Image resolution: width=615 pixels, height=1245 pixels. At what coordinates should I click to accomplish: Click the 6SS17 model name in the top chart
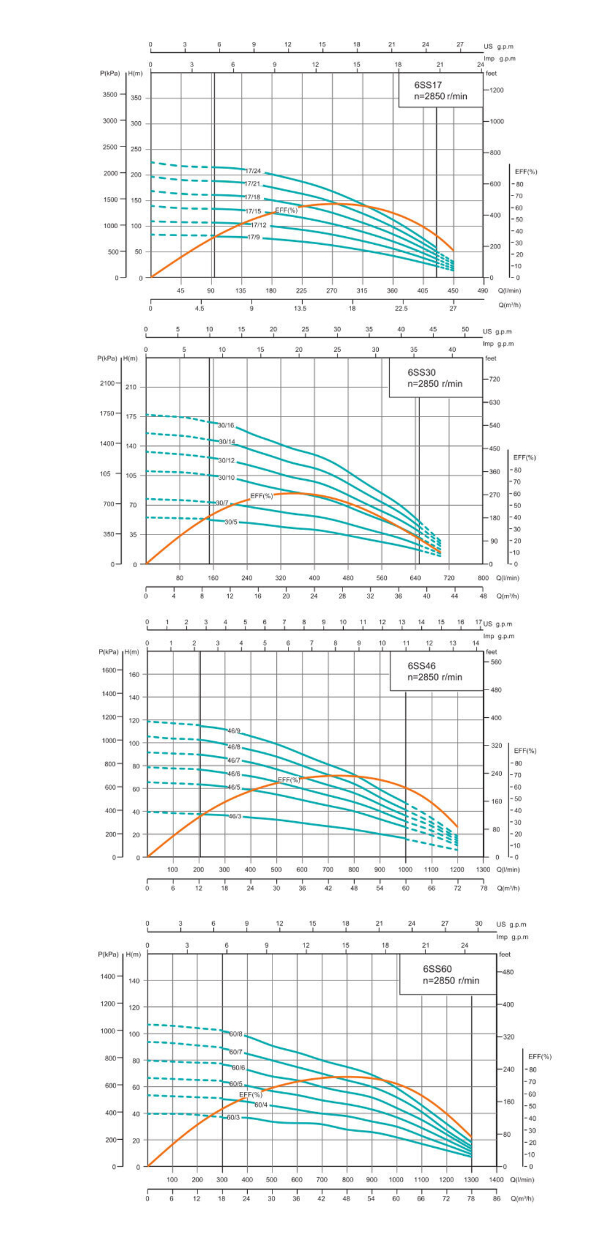coord(427,85)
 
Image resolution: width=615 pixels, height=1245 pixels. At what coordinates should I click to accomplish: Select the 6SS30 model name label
coord(421,372)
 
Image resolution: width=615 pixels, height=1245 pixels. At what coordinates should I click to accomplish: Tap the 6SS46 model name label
coord(421,666)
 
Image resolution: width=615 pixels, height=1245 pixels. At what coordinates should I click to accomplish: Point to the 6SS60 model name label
coord(437,969)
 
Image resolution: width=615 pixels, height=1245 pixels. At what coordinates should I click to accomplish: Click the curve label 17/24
coord(253,171)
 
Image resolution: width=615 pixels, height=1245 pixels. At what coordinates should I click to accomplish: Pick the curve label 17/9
coord(253,237)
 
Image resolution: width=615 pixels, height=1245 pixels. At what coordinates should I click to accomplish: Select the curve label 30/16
coord(226,425)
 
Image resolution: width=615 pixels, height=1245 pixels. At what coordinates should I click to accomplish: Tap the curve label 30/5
coord(231,522)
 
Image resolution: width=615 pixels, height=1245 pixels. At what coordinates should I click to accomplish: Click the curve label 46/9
coord(234,731)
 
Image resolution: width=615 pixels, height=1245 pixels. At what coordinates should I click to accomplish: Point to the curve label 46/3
coord(235,816)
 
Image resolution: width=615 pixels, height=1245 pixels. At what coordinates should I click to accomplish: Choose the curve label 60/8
coord(236,1034)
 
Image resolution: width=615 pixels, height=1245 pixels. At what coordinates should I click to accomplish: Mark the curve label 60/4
coord(261,1105)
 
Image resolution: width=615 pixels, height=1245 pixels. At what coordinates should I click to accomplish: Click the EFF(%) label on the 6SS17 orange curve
coord(286,210)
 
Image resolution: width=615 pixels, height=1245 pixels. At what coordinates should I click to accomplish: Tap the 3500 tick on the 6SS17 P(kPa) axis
coord(109,95)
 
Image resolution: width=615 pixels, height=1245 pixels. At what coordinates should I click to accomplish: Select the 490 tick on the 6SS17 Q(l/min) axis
coord(482,290)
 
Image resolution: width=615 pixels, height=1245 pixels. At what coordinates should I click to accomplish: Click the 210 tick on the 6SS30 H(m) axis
coord(131,387)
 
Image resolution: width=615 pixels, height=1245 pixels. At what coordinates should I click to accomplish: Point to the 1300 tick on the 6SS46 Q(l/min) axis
coord(483,869)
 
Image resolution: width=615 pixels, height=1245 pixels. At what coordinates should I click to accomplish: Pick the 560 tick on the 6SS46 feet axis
coord(496,662)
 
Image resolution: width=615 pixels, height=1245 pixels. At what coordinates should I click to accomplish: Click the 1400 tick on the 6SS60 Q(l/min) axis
coord(496,1180)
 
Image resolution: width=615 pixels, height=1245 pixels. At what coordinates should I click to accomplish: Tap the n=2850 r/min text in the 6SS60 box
coord(450,980)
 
